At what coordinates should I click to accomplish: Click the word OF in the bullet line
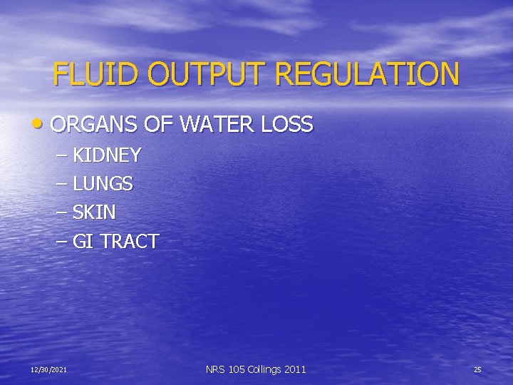pos(159,125)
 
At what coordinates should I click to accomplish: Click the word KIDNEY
pos(107,155)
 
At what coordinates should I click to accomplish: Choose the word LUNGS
pos(103,184)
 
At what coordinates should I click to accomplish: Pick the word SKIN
pos(94,212)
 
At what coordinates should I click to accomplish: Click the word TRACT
pos(129,242)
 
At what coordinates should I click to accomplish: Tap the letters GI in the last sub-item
pos(83,242)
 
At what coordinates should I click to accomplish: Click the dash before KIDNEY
pos(61,155)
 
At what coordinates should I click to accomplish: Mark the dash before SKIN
pos(61,212)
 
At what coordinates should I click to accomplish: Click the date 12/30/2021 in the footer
pos(49,369)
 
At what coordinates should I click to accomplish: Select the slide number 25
pos(477,369)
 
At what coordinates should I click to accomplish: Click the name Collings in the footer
pos(264,369)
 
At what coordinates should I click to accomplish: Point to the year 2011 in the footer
pos(294,369)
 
